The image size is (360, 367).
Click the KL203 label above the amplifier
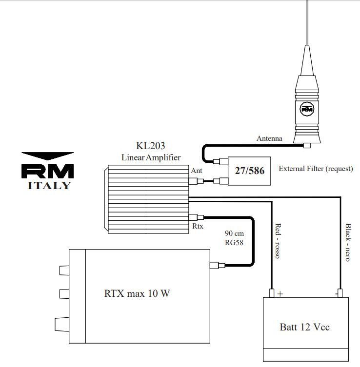point(151,146)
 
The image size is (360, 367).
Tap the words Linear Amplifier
point(151,157)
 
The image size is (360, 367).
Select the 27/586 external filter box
point(249,171)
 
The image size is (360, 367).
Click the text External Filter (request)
point(316,169)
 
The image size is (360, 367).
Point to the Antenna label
point(269,138)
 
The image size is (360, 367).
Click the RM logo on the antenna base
point(307,109)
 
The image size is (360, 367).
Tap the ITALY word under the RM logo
point(49,186)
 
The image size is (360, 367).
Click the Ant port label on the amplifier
point(196,171)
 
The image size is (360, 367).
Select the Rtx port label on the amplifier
point(198,226)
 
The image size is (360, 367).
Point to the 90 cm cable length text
point(234,233)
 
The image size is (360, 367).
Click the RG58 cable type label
point(234,243)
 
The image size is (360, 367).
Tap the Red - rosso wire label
point(278,241)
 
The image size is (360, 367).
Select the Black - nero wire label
point(348,242)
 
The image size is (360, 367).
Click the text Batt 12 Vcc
point(305,327)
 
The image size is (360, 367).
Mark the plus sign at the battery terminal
point(280,293)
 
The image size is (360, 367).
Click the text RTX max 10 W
point(137,293)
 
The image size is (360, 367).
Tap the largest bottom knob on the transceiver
point(62,325)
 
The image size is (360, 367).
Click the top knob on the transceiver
point(64,270)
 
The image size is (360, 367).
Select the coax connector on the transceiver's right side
point(218,265)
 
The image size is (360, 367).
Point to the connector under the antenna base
point(307,145)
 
